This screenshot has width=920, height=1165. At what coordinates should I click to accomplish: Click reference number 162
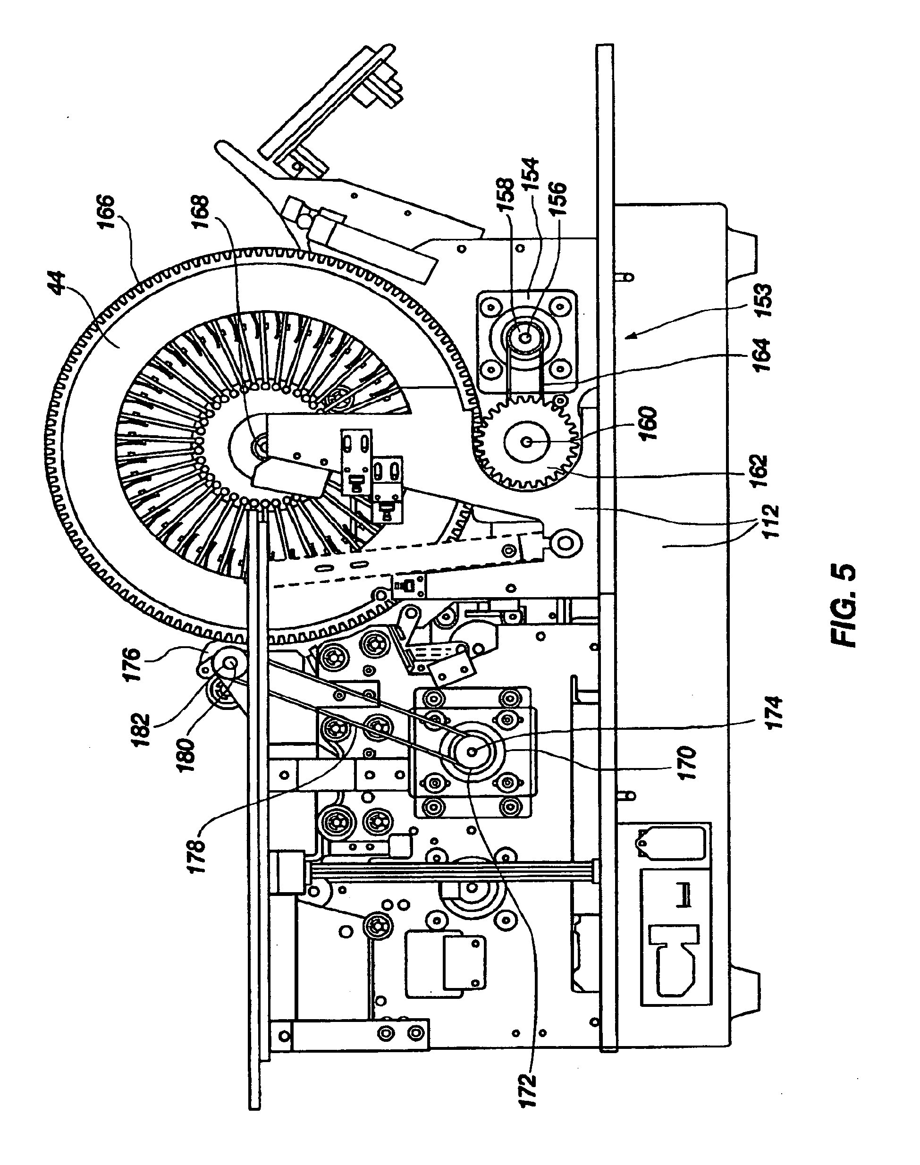pos(759,471)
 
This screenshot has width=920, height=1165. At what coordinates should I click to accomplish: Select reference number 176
pos(133,665)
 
